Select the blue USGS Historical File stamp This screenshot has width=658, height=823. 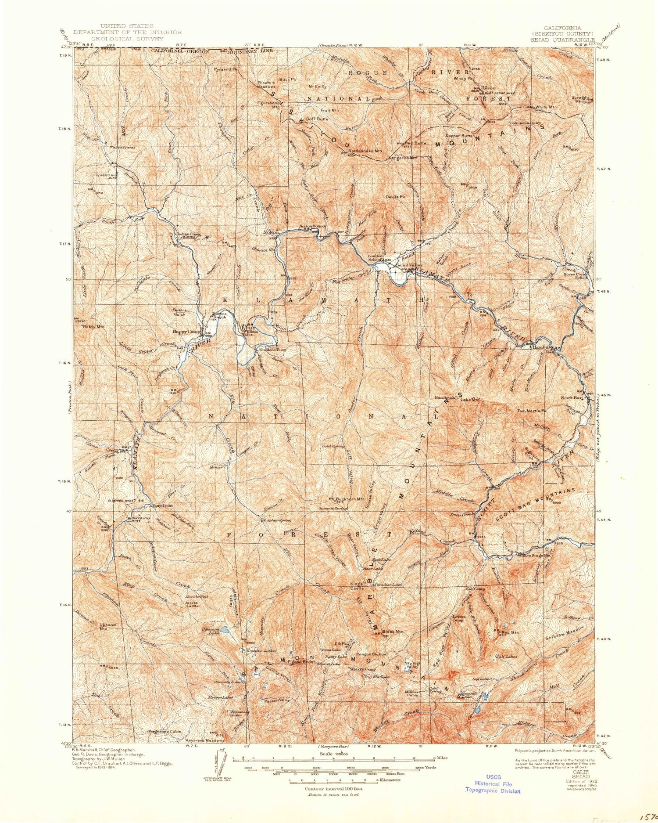coord(492,783)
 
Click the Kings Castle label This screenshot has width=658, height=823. coord(356,586)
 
